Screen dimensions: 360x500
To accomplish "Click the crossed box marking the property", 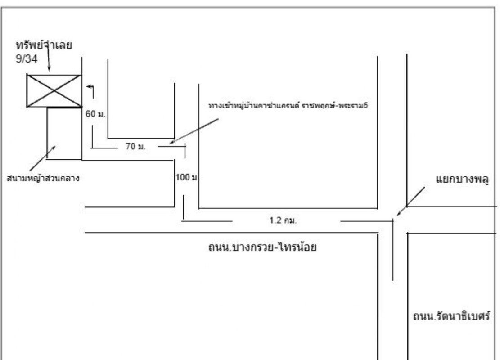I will [x=54, y=91].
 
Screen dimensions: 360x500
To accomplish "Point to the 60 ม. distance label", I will [x=95, y=114].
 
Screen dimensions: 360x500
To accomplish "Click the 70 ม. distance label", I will [x=135, y=146].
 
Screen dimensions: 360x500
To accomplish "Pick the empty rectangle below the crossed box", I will [x=64, y=133].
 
